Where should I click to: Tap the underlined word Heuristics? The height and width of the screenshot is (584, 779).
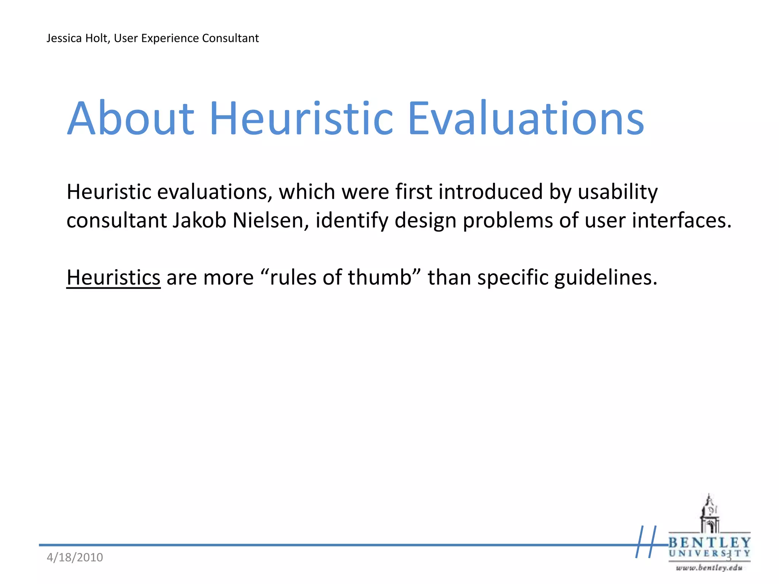pos(113,277)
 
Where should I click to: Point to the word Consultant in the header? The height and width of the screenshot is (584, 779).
pos(231,38)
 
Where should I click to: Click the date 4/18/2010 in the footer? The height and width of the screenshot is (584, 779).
pos(75,557)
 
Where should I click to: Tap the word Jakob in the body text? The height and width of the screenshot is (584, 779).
pos(199,221)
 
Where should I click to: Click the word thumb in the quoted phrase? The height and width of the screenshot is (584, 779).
pos(380,277)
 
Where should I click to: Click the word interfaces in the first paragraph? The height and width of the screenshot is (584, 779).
pos(681,221)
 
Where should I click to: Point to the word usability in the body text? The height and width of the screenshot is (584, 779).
pos(618,192)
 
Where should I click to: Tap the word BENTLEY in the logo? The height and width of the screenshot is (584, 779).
pos(709,543)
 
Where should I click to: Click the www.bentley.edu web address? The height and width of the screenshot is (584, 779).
pos(709,568)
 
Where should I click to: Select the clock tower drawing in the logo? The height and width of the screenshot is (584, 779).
pos(709,514)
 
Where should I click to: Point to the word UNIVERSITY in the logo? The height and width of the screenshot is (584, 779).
pos(709,554)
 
